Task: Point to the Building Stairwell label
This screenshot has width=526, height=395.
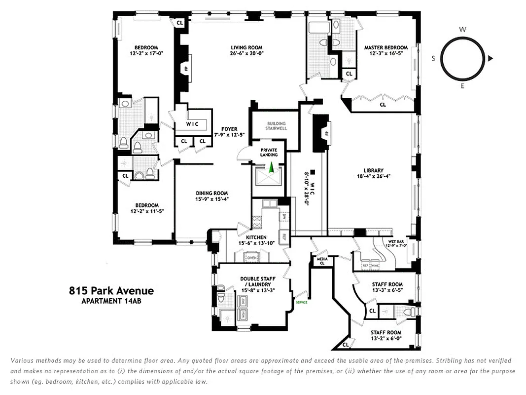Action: (x=277, y=126)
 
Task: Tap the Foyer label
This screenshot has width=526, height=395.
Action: (x=229, y=129)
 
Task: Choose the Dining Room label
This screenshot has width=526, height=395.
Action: (x=211, y=193)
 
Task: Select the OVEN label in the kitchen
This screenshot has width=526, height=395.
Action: (x=252, y=258)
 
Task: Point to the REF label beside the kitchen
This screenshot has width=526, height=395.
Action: (x=284, y=236)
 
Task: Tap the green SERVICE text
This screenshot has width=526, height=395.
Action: (x=301, y=302)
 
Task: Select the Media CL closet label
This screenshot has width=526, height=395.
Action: (x=322, y=261)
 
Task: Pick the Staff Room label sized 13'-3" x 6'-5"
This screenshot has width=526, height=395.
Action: (x=387, y=284)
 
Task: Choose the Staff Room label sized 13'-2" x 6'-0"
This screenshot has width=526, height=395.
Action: (x=386, y=333)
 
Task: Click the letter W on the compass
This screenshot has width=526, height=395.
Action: (x=462, y=30)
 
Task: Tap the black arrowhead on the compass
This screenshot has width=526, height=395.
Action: (x=491, y=59)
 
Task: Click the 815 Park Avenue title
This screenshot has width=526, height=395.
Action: (x=111, y=291)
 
